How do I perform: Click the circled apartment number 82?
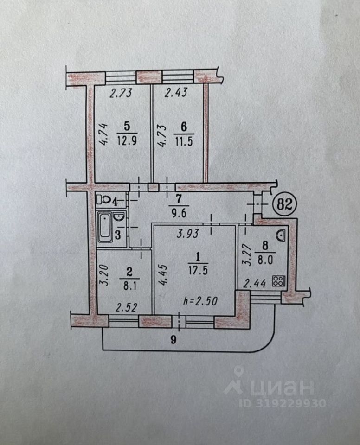285,204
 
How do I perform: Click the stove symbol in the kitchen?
278,281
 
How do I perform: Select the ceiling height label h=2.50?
201,301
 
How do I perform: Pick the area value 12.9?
127,140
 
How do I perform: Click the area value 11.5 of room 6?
184,141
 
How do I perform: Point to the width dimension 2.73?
121,93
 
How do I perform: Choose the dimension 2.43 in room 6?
176,92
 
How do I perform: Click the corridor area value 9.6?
179,212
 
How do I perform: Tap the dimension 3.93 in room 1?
187,234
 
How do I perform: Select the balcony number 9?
174,340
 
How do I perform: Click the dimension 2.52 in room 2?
127,307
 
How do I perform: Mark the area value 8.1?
129,285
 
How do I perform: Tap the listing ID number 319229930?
282,403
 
